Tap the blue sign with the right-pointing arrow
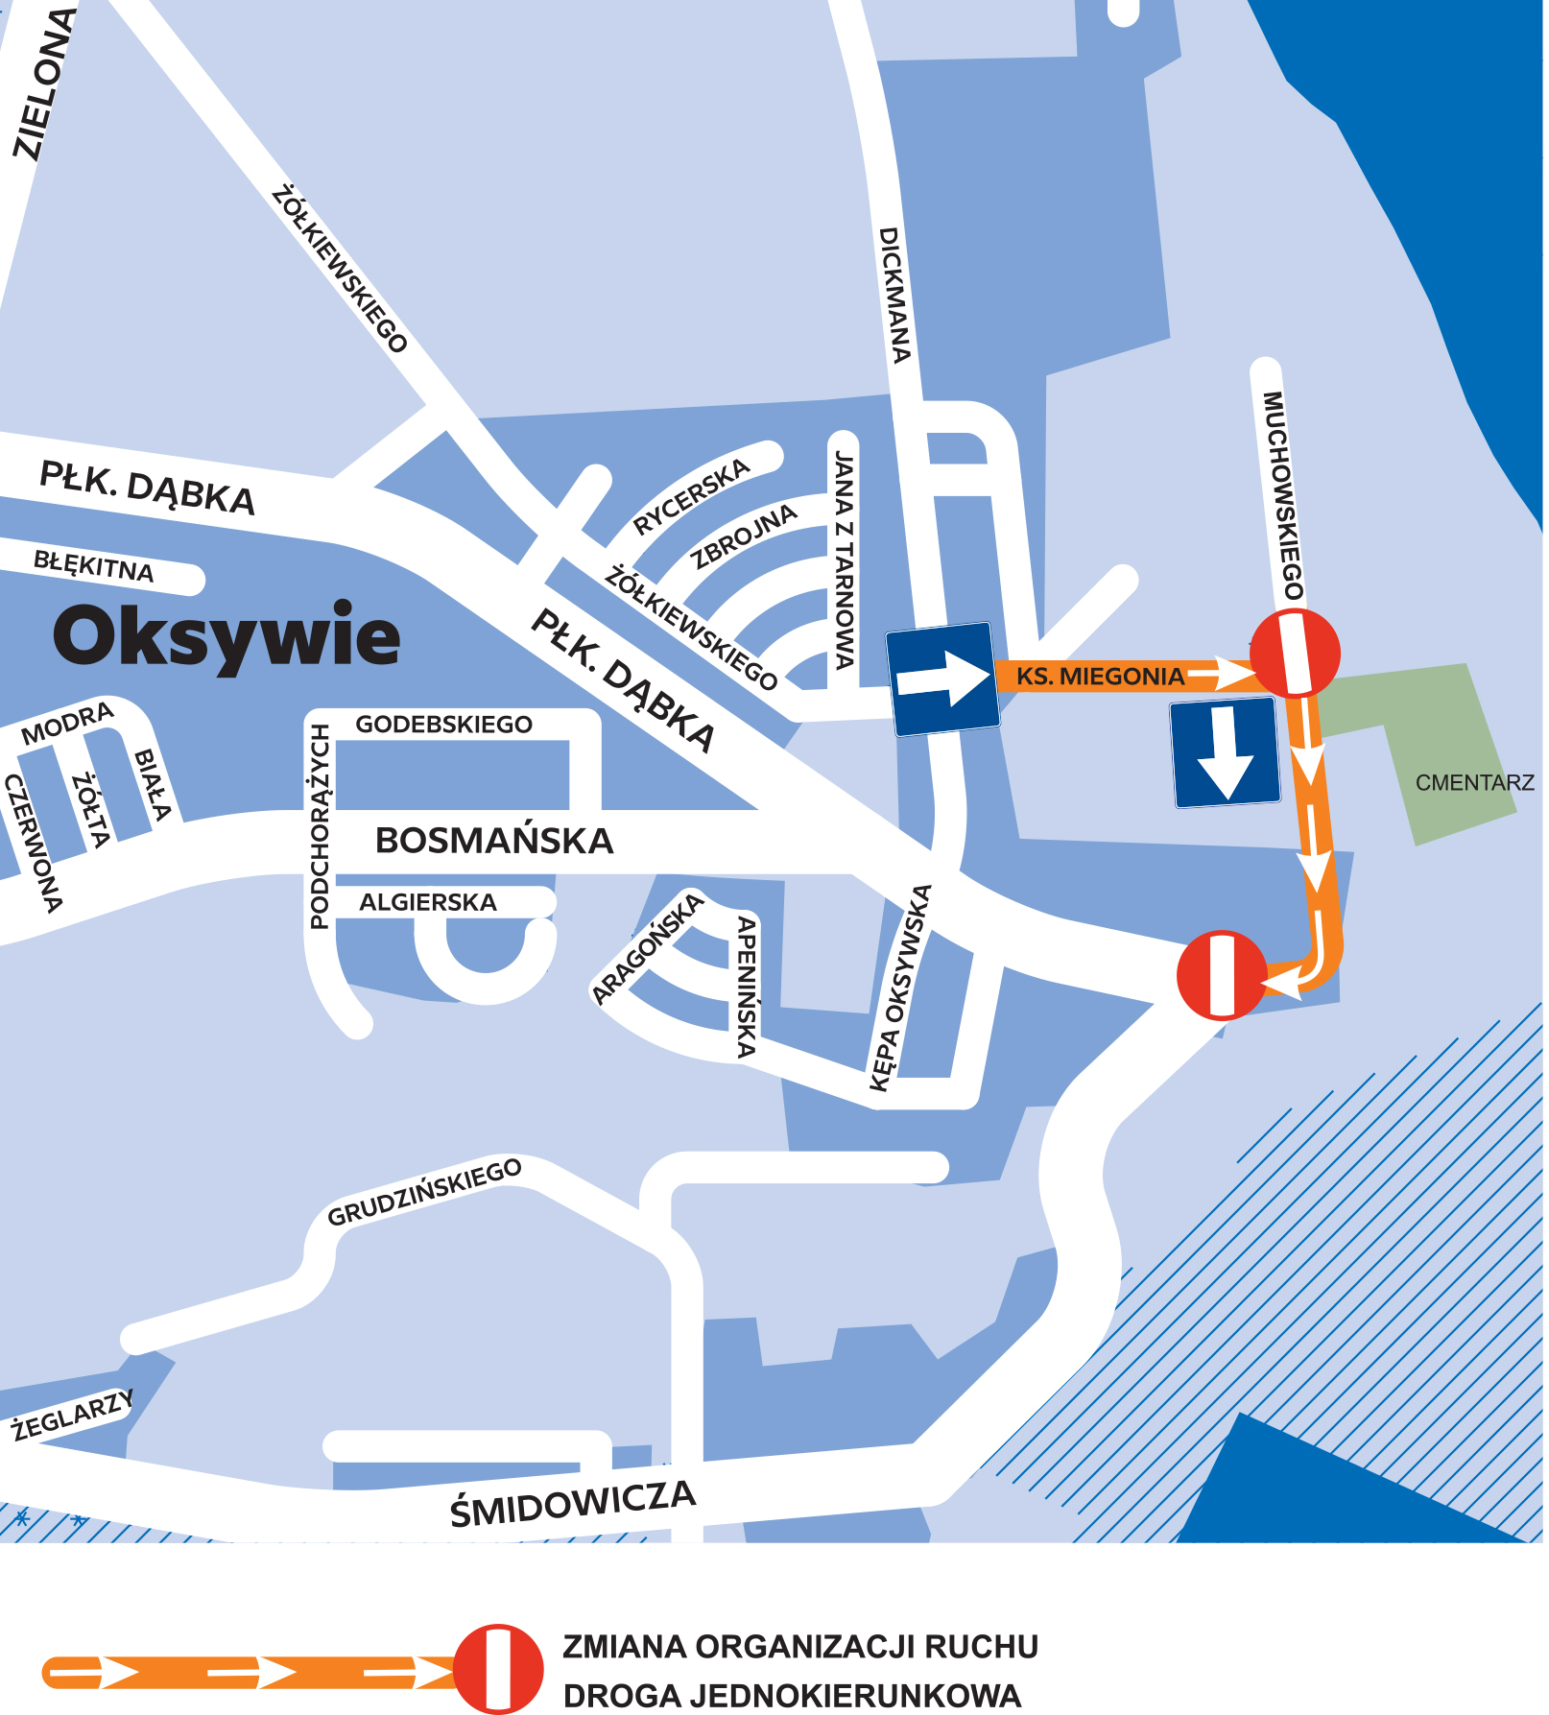(942, 679)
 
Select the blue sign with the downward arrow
(1226, 751)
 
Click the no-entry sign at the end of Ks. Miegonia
(1295, 654)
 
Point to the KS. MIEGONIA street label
(1100, 677)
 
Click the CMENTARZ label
(1474, 783)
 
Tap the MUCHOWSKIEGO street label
(1284, 495)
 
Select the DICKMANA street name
(894, 296)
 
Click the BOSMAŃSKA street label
(493, 841)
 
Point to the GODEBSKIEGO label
(443, 725)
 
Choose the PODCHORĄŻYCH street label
(320, 826)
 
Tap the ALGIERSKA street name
(428, 902)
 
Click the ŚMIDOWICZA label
(572, 1503)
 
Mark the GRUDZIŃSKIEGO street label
(424, 1193)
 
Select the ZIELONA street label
(43, 83)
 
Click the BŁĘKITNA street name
(93, 566)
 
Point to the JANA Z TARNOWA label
(844, 560)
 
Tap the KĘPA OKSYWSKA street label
(899, 988)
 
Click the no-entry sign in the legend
(498, 1669)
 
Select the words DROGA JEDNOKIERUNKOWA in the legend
(792, 1696)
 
